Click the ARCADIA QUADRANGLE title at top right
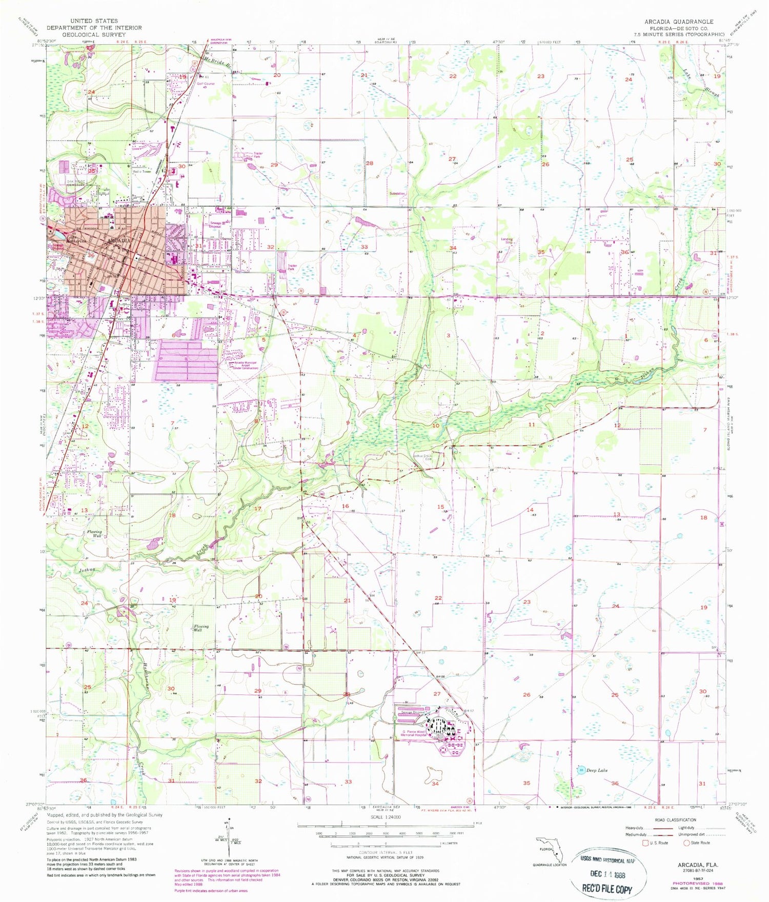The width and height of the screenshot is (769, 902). (679, 22)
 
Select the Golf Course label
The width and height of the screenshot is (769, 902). (205, 84)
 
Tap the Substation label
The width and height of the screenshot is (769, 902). (397, 193)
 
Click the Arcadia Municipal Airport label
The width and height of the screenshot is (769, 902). (246, 365)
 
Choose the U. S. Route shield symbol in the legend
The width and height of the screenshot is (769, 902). (645, 843)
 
